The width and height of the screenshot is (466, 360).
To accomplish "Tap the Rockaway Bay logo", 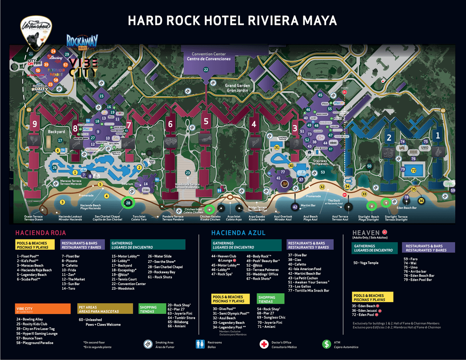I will [x=82, y=41].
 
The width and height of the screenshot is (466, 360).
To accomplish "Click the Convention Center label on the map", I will [x=209, y=56].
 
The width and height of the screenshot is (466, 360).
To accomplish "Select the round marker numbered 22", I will [x=206, y=70].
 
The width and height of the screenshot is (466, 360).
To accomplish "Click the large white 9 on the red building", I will [x=35, y=124].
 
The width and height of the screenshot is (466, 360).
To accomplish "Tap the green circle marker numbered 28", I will [x=128, y=202].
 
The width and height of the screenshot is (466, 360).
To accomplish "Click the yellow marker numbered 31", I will [x=277, y=147].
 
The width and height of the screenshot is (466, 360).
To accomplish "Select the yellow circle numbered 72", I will [x=414, y=170].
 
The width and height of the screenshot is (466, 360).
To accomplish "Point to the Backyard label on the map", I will [x=56, y=132].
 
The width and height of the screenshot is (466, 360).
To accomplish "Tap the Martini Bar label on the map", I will [x=308, y=205].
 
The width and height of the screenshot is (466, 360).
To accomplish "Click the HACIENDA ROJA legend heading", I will [x=40, y=233].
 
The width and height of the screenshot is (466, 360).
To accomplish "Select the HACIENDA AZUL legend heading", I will [x=238, y=233].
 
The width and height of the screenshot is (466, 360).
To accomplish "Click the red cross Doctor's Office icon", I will [x=264, y=344].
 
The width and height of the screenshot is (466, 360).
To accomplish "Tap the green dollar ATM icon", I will [x=327, y=344].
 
